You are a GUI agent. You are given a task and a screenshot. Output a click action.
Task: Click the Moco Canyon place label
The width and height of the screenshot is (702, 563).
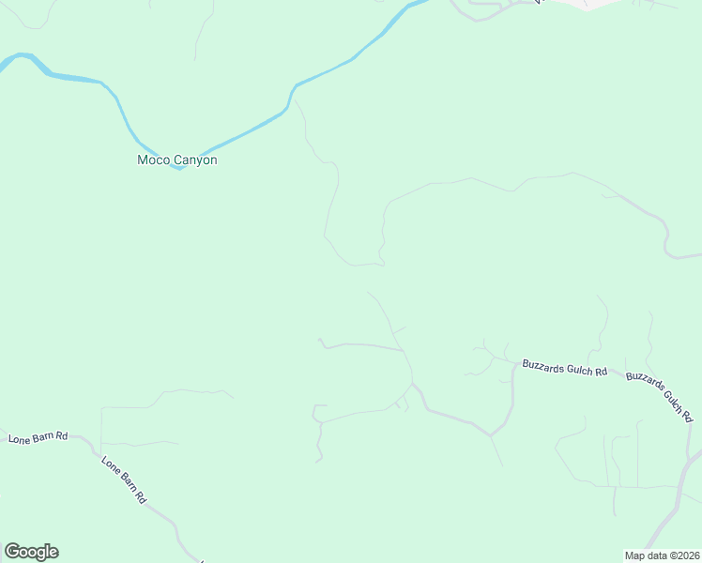pos(177,160)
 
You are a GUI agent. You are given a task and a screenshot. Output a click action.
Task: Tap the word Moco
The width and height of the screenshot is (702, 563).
pos(153,160)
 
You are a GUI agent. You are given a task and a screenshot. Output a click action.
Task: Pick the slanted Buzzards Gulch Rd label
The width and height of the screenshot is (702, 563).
pos(659,397)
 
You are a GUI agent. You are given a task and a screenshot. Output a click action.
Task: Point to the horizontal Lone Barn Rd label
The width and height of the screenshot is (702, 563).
pos(38,437)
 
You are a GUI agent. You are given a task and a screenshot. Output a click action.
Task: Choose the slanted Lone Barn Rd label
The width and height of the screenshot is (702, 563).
pos(123,481)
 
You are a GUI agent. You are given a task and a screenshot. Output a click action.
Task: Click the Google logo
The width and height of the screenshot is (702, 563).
pos(31,552)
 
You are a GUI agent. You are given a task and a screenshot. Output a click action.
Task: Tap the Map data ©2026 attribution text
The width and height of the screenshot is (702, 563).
pos(662,555)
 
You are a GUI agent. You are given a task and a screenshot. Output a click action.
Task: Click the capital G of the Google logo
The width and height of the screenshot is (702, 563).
pos(12,552)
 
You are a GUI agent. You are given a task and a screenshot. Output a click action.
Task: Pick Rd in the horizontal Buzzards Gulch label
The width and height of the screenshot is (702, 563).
pos(601,372)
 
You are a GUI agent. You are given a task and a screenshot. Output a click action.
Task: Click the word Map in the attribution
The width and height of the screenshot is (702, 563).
pos(635,555)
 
